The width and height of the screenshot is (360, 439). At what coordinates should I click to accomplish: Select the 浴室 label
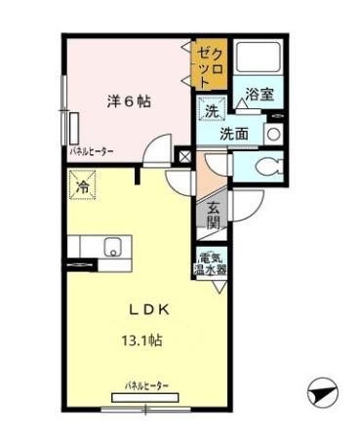pos(259,94)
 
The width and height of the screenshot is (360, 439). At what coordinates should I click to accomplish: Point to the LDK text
pos(150,310)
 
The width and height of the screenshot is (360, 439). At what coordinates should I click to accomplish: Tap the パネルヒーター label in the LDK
pos(145,387)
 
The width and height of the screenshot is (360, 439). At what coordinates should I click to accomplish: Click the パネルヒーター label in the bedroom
pos(91,152)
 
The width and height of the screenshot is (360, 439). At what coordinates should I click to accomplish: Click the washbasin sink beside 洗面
pos(274,134)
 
